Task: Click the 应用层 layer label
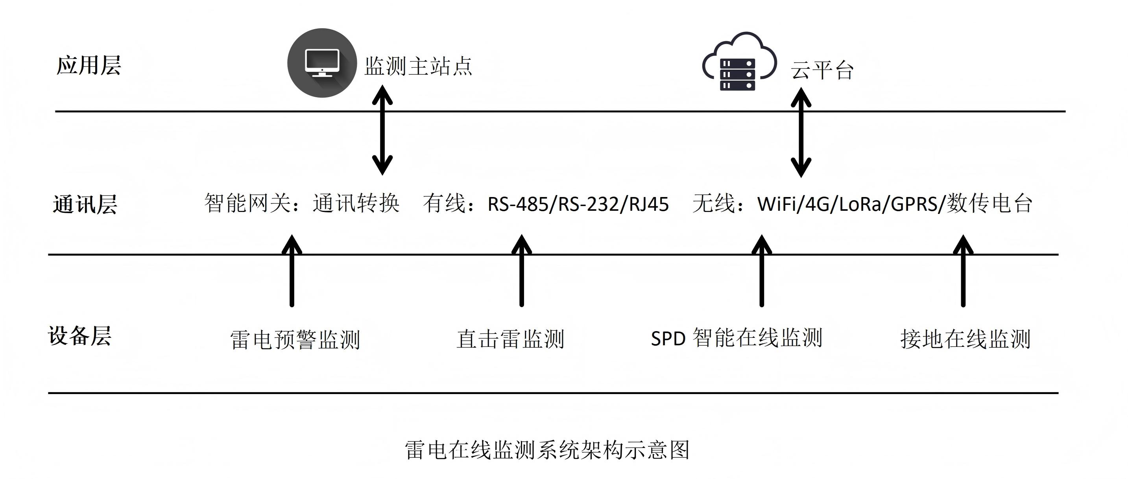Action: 89,66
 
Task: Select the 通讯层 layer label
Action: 85,204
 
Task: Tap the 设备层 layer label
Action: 80,336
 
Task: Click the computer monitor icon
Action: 322,63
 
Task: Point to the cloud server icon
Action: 739,62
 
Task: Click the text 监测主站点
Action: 418,66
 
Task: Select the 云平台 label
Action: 822,70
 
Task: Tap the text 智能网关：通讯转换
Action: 302,203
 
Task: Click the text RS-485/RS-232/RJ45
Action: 578,204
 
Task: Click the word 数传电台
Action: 990,203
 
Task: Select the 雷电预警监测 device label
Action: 295,340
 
